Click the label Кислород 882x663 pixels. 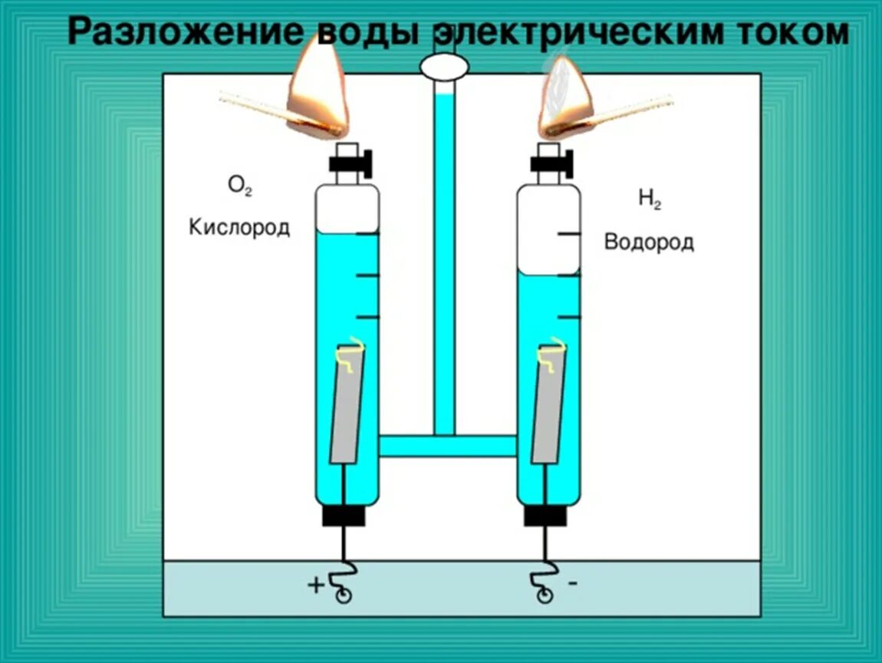click(239, 228)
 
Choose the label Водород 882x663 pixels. click(649, 242)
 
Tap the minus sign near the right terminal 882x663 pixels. click(573, 583)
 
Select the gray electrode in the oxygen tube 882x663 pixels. click(347, 405)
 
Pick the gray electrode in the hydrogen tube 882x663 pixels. click(548, 405)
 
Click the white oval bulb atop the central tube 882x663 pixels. click(444, 67)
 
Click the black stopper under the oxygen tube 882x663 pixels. click(343, 516)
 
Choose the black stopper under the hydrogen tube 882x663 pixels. click(545, 516)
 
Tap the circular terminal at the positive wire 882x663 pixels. click(344, 595)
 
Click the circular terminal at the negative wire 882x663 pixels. click(545, 595)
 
